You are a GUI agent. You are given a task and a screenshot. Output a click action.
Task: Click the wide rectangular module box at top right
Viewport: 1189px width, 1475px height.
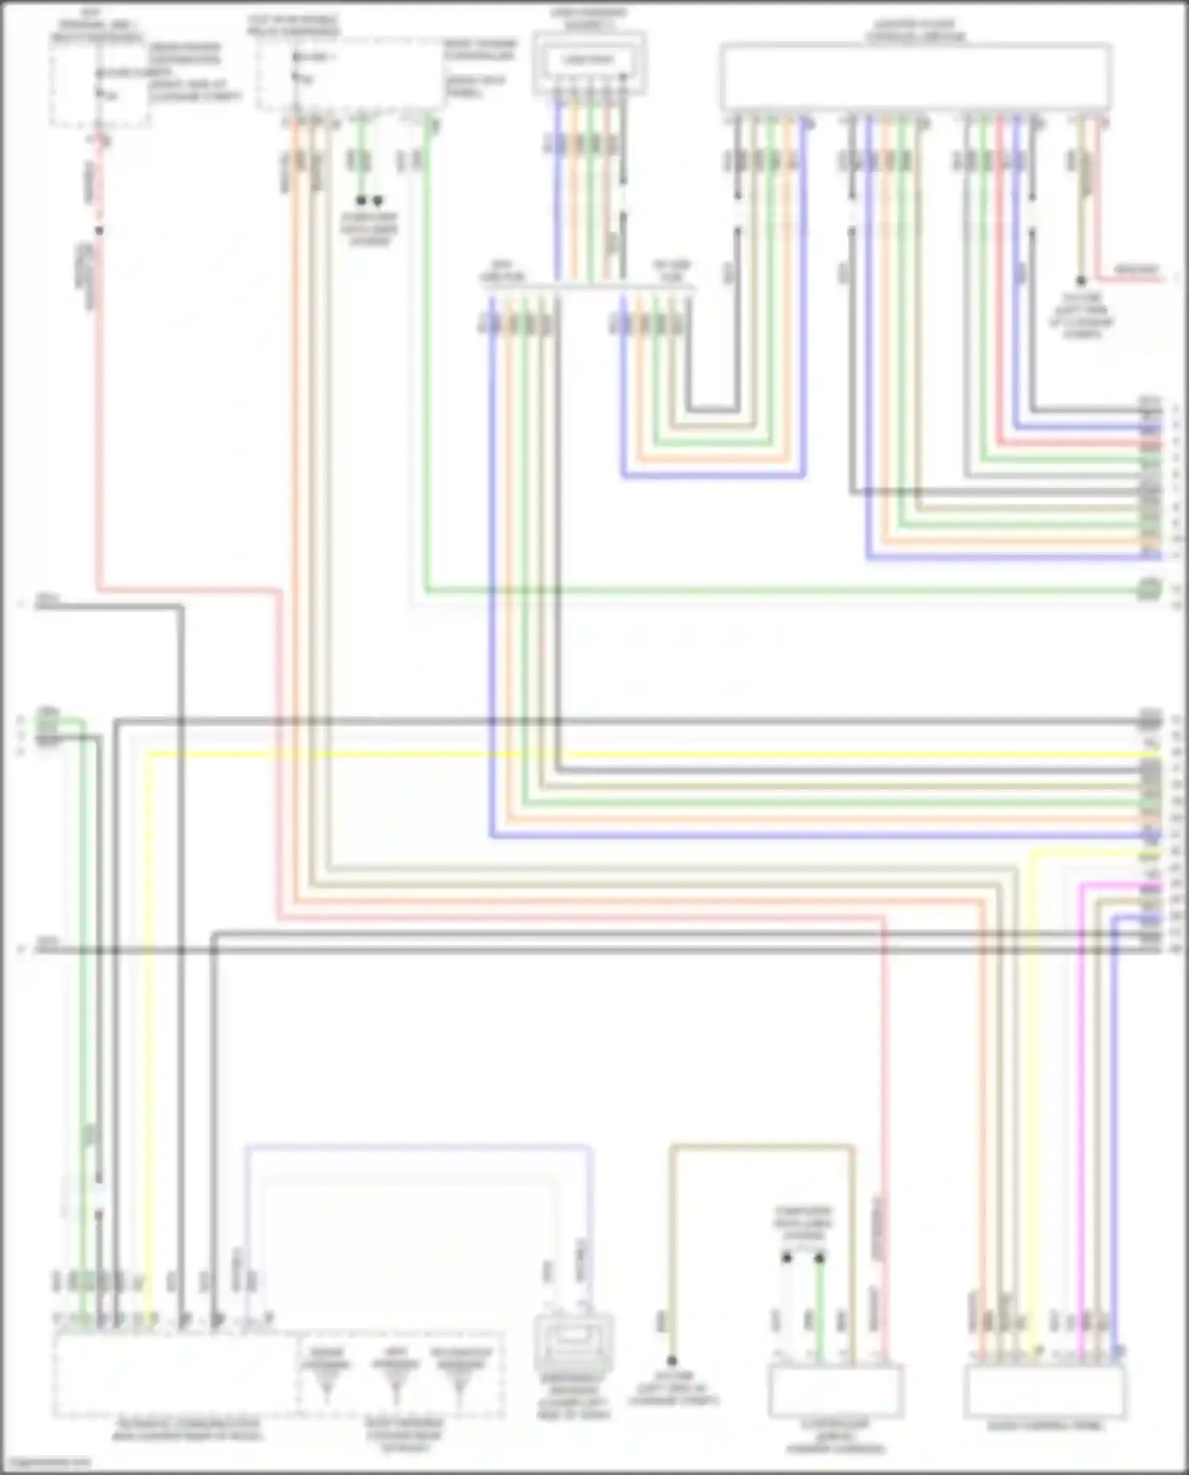(x=916, y=77)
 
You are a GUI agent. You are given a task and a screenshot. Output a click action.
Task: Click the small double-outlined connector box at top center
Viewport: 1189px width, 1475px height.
(x=589, y=62)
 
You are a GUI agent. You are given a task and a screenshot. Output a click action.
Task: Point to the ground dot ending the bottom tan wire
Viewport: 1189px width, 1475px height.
(x=671, y=1361)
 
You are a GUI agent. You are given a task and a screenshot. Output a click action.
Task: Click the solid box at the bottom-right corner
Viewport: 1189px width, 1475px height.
(x=1044, y=1392)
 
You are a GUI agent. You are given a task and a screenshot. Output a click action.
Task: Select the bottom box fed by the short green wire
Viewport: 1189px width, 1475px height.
(x=835, y=1392)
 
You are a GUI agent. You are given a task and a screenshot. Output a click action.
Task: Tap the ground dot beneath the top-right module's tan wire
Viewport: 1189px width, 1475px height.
(x=1080, y=281)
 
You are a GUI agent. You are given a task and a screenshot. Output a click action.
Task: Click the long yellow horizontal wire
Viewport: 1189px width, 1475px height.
(x=634, y=754)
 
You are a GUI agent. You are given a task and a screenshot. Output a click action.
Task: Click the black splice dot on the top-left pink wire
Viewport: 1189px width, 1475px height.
(x=99, y=231)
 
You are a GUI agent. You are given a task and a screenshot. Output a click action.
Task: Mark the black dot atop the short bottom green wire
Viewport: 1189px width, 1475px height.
(x=820, y=1258)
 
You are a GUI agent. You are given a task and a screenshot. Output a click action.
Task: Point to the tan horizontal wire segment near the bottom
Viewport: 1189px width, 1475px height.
(x=761, y=1146)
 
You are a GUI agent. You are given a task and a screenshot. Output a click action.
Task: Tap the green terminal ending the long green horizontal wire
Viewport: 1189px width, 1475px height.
(x=1149, y=590)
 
